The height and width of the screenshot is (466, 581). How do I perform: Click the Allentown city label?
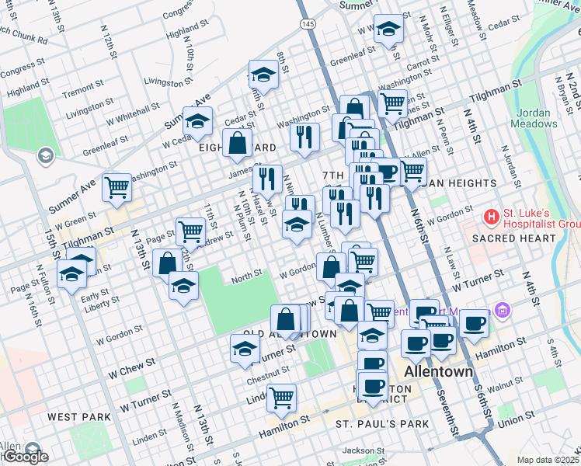[440, 371]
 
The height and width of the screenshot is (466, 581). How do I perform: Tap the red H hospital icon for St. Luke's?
[491, 215]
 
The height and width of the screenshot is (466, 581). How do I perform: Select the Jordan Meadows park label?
[534, 117]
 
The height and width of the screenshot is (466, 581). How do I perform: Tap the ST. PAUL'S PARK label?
[382, 424]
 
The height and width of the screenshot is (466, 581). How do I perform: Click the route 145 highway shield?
[308, 25]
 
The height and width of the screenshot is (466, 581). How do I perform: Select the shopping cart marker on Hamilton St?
[281, 397]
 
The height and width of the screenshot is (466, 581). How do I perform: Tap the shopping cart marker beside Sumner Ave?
[117, 186]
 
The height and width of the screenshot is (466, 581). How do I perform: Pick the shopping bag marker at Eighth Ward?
[236, 143]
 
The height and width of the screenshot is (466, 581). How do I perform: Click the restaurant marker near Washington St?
[304, 137]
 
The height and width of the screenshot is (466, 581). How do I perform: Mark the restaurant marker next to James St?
[267, 179]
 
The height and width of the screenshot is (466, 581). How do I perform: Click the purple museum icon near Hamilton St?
[503, 311]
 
